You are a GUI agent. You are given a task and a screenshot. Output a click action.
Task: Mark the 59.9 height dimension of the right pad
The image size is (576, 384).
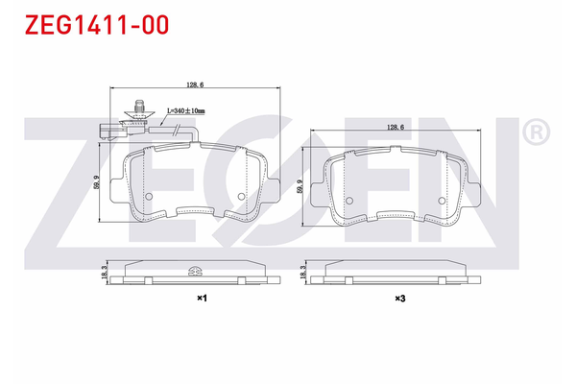pos(302,186)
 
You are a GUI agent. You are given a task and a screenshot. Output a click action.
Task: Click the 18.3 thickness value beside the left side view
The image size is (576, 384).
pos(104,275)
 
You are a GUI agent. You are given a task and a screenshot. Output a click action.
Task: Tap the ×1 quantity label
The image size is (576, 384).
pos(202,299)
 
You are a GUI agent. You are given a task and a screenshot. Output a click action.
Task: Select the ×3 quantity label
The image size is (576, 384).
pos(399,299)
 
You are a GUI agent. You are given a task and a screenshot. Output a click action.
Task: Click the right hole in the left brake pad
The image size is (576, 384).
pos(240,197)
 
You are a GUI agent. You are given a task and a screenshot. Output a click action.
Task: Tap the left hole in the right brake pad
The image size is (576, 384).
pos(349,201)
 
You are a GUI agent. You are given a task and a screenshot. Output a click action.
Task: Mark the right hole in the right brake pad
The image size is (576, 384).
pos(441,201)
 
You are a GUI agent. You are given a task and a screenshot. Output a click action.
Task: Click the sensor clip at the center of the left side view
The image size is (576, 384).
pos(195,270)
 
